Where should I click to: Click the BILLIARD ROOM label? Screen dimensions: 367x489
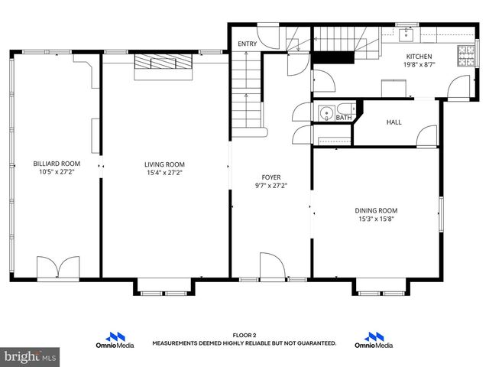[x=56, y=164]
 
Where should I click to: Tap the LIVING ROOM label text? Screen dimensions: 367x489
[x=164, y=164]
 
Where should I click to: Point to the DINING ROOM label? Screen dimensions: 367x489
[x=376, y=210]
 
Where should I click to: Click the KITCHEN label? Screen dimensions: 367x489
[x=419, y=57]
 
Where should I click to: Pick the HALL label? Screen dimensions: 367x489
[x=393, y=122]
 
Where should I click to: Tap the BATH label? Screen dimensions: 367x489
[x=343, y=118]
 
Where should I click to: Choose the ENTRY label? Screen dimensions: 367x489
[x=248, y=44]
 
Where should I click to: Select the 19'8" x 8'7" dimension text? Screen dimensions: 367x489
[x=419, y=65]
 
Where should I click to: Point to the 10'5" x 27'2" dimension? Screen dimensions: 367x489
[x=56, y=172]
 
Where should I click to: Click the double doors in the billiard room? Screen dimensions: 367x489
[x=57, y=267]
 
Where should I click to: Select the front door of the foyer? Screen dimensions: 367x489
[x=272, y=268]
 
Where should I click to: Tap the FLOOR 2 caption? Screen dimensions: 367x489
[x=244, y=336]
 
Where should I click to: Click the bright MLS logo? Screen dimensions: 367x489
[x=31, y=356]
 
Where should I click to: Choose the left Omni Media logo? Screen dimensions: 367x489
[x=118, y=340]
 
